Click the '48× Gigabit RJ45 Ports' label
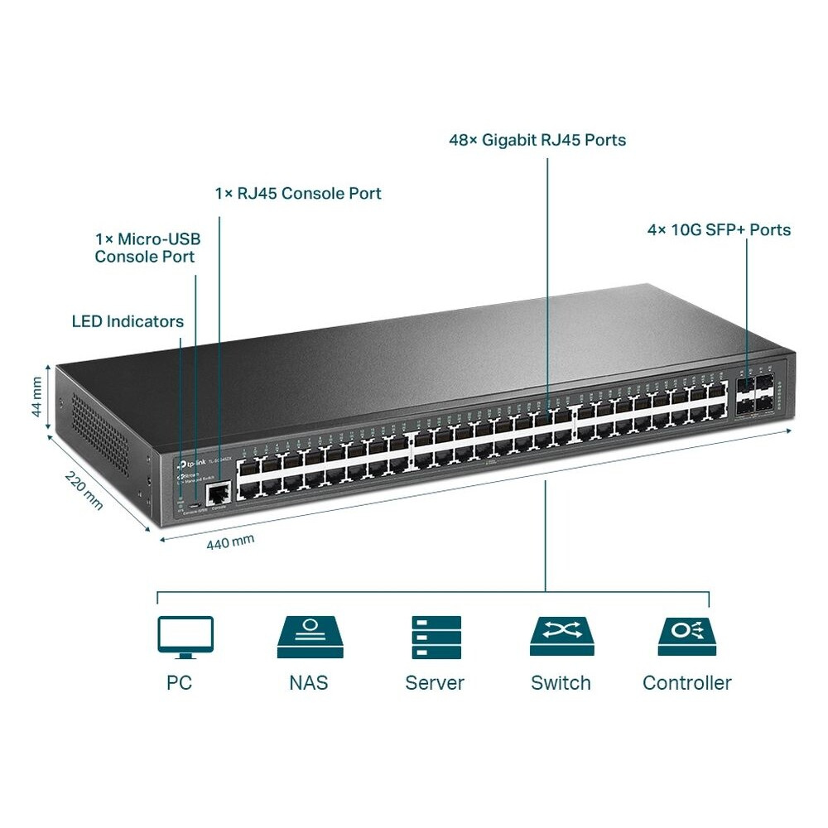[537, 140]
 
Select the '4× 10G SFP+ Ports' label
[719, 229]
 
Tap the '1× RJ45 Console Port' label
[298, 193]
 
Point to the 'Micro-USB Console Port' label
[147, 248]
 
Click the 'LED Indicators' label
[128, 321]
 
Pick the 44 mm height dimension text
[36, 397]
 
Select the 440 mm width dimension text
[230, 542]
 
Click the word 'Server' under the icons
[435, 683]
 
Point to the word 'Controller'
[687, 683]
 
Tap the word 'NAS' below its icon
[309, 683]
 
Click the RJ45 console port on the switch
[218, 494]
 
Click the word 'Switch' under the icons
[561, 683]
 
